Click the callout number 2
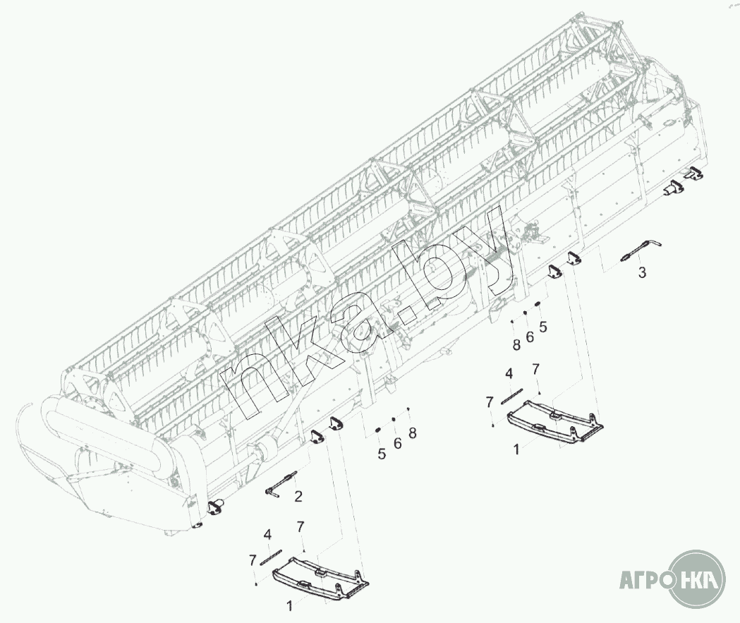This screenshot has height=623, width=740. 298,497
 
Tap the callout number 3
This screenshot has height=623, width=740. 642,272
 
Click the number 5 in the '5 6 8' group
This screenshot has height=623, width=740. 382,454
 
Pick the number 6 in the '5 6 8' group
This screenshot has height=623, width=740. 397,443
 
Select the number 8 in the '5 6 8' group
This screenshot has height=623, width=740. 413,433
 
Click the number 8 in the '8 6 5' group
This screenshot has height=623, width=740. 516,346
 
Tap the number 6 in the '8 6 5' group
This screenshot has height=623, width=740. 530,337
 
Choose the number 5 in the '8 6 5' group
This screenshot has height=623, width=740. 543,327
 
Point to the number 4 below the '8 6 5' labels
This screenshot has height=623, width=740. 508,373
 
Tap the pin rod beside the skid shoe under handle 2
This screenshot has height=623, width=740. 271,557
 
